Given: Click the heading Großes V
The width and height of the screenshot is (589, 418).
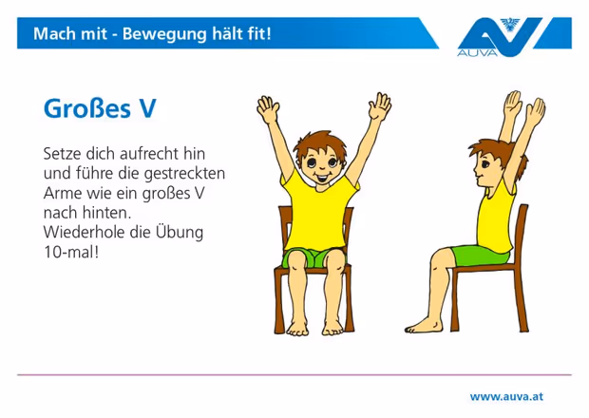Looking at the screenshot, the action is pos(100,108).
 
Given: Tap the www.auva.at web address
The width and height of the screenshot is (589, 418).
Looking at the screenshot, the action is pos(506,396).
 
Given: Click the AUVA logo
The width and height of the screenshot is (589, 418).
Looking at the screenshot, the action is pos(514,37).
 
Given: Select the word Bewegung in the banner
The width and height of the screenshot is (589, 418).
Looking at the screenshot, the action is pos(164,34).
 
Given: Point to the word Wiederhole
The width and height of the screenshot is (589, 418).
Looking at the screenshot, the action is pos(85,232).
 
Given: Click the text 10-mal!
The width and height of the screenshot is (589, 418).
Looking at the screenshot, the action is pos(71,252).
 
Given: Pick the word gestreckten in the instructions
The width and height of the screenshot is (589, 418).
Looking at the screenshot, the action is pos(184,174).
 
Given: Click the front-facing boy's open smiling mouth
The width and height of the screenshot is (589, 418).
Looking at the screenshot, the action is pos(321,177).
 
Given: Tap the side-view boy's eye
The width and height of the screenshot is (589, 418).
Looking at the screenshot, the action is pos(484,164).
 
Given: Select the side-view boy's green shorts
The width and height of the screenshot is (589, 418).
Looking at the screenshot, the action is pos(480,255).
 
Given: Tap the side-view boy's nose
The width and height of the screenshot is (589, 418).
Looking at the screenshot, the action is pos(475,173).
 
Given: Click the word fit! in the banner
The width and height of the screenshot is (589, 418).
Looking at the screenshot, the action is pos(258,33).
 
